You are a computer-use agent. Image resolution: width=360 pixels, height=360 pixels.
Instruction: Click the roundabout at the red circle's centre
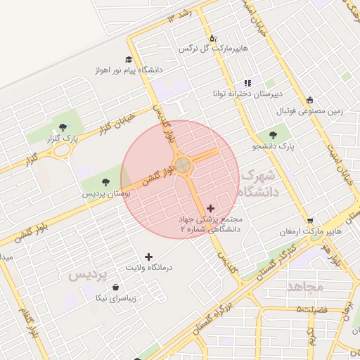(183, 166)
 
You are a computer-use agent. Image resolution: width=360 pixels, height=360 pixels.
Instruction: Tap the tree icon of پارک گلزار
(63, 128)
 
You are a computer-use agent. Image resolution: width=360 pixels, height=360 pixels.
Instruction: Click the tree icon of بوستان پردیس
(105, 183)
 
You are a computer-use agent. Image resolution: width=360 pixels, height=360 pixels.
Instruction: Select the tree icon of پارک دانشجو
(272, 135)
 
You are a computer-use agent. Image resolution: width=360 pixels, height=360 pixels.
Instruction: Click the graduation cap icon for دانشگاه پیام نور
(129, 59)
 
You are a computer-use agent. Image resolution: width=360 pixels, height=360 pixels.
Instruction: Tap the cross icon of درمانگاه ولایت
(148, 257)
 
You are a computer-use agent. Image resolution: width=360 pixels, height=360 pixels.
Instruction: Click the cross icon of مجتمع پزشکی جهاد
(210, 208)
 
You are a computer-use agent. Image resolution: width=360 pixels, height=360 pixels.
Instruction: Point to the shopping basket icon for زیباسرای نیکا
(116, 287)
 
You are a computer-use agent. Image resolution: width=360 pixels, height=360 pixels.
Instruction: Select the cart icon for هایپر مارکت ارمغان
(310, 220)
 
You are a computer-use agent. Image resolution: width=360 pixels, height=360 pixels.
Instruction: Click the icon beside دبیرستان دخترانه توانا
(247, 82)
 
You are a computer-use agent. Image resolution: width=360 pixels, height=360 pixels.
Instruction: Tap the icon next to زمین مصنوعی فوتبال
(309, 100)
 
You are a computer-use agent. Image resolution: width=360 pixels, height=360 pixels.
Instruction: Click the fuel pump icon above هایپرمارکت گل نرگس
(212, 38)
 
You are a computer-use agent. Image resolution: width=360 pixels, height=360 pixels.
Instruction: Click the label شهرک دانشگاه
(259, 182)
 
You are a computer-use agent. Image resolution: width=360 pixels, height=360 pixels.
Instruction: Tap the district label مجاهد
(304, 287)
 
